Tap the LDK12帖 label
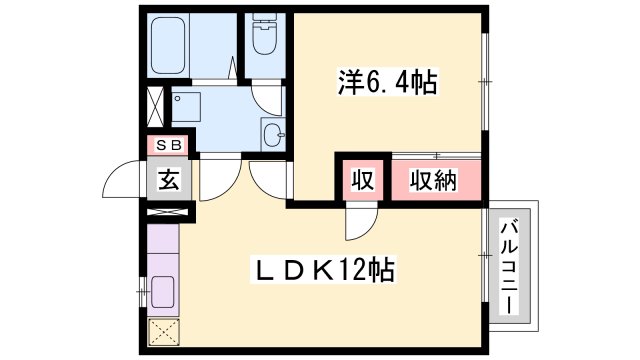tap(325, 269)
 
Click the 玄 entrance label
tap(166, 182)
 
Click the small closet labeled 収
tap(361, 181)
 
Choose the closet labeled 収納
tap(432, 181)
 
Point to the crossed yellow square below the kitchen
tap(162, 332)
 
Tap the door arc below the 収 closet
tap(359, 223)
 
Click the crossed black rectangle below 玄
tap(166, 211)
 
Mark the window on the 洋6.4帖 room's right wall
tap(485, 81)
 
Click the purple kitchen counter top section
tap(163, 245)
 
